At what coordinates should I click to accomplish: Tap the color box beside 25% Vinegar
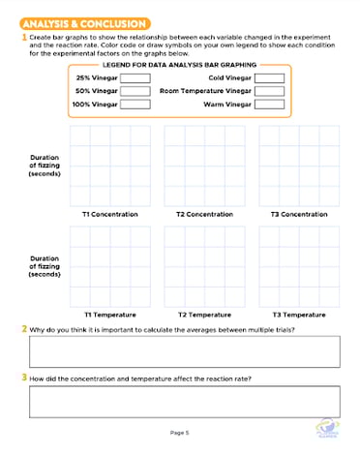[x=135, y=77]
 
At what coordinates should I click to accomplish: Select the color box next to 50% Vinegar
[x=135, y=91]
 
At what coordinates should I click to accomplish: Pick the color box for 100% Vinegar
[x=135, y=104]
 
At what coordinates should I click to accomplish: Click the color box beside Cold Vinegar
[x=270, y=77]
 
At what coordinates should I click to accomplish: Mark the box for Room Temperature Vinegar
[x=270, y=91]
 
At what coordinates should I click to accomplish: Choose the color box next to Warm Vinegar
[x=270, y=104]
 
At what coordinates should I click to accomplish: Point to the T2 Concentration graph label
[x=204, y=214]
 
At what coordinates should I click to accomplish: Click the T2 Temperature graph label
[x=204, y=315]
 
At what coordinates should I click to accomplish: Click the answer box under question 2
[x=185, y=351]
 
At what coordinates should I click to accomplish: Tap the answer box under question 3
[x=185, y=401]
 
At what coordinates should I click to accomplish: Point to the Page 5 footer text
[x=180, y=432]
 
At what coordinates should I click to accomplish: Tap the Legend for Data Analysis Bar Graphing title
[x=179, y=63]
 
